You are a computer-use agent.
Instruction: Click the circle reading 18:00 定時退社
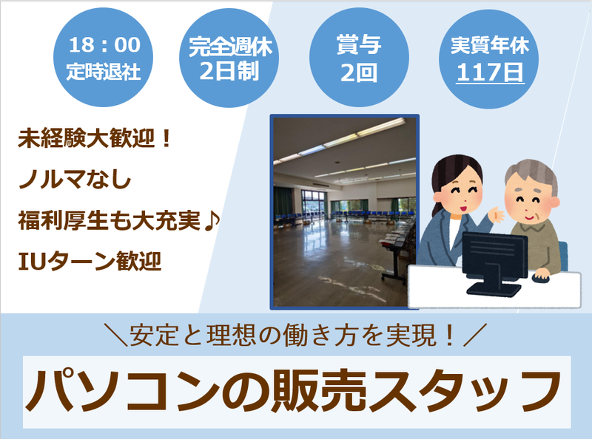(x=104, y=57)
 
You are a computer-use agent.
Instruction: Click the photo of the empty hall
(x=343, y=211)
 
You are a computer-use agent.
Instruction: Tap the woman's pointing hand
(x=497, y=215)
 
